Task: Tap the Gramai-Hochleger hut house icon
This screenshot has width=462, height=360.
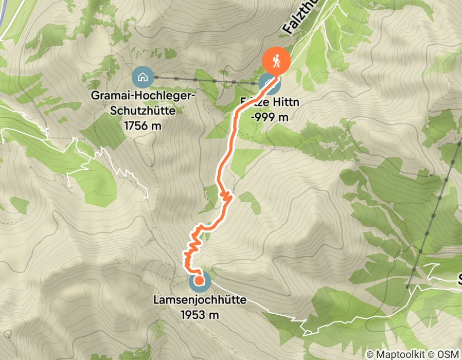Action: (x=141, y=78)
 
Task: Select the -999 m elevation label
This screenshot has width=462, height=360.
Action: (x=269, y=117)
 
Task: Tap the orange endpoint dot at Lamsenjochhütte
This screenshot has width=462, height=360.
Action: (x=199, y=281)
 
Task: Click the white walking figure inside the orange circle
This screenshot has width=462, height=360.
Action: (x=276, y=61)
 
